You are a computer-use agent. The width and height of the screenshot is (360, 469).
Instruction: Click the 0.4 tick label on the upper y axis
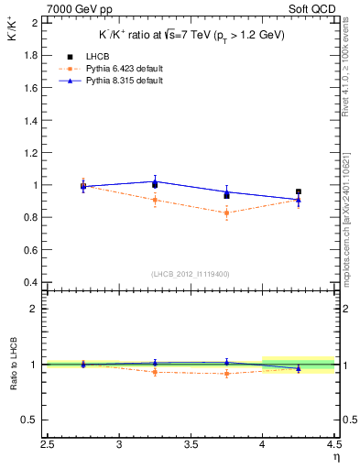(x=30, y=282)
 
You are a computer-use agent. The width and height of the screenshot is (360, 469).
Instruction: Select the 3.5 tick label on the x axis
(x=191, y=446)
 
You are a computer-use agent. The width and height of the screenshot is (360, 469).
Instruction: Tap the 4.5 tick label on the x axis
(x=333, y=446)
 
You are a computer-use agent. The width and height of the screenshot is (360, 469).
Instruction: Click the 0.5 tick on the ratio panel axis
(x=30, y=420)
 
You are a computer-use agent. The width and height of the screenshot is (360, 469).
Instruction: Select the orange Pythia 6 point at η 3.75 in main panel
(x=226, y=213)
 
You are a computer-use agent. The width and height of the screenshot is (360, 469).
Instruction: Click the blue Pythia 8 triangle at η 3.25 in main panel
(x=155, y=181)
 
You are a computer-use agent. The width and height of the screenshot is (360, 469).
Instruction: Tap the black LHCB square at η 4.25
(x=298, y=192)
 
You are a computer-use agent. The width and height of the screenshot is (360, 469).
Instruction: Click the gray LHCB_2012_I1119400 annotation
(x=191, y=274)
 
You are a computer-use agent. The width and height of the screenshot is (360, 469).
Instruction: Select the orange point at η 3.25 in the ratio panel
(x=155, y=371)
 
